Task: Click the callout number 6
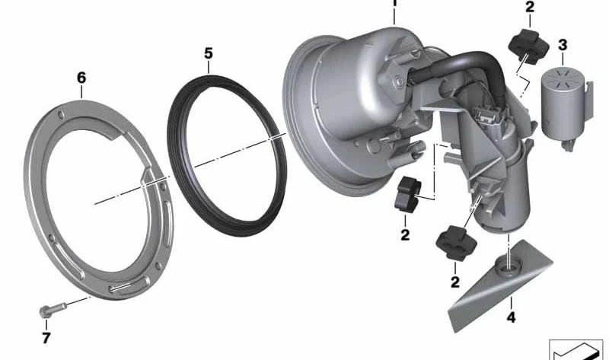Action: [x=81, y=78]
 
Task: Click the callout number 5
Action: [x=209, y=53]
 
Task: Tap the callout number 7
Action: [x=46, y=338]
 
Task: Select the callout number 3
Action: [x=563, y=45]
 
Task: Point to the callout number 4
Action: [x=511, y=317]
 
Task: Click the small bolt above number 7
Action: [x=53, y=310]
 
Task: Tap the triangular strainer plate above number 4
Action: [x=500, y=286]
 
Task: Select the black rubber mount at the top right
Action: [x=528, y=46]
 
